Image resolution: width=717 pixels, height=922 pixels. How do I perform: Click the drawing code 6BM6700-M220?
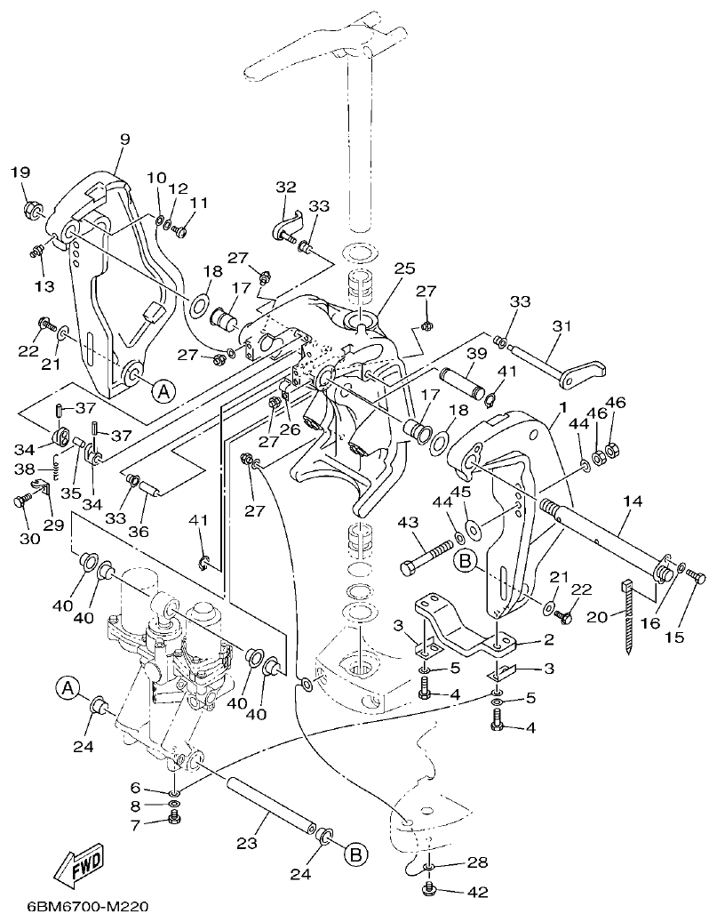pyautogui.click(x=75, y=907)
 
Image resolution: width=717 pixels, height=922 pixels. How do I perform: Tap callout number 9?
pyautogui.click(x=123, y=139)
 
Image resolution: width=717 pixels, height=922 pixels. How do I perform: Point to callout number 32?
pyautogui.click(x=285, y=187)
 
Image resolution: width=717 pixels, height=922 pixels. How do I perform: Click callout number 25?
pyautogui.click(x=404, y=268)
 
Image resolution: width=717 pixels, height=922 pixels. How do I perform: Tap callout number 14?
pyautogui.click(x=632, y=501)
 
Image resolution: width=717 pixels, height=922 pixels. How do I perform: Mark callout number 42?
pyautogui.click(x=479, y=890)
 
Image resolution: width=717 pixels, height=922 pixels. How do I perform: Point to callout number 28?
pyautogui.click(x=478, y=863)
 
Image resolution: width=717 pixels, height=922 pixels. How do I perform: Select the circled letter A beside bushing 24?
pyautogui.click(x=66, y=686)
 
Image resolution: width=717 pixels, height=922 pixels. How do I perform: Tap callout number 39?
pyautogui.click(x=477, y=353)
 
